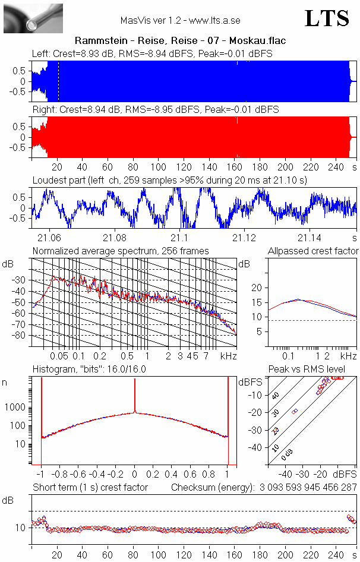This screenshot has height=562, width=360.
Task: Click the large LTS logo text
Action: [327, 18]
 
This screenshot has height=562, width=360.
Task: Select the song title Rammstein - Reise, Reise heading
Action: [180, 41]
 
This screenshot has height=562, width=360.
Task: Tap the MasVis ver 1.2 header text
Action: [180, 20]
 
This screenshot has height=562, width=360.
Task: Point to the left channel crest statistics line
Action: [153, 54]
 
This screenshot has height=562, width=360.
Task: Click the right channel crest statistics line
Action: [156, 110]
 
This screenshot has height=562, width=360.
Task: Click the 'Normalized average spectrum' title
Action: [121, 251]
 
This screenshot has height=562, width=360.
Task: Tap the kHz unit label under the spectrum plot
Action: [228, 356]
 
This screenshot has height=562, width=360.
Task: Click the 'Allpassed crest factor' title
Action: [313, 251]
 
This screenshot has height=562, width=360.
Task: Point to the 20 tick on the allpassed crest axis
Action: [257, 288]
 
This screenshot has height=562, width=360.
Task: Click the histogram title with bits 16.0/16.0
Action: [89, 369]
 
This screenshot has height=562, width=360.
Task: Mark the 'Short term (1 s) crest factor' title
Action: [90, 488]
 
